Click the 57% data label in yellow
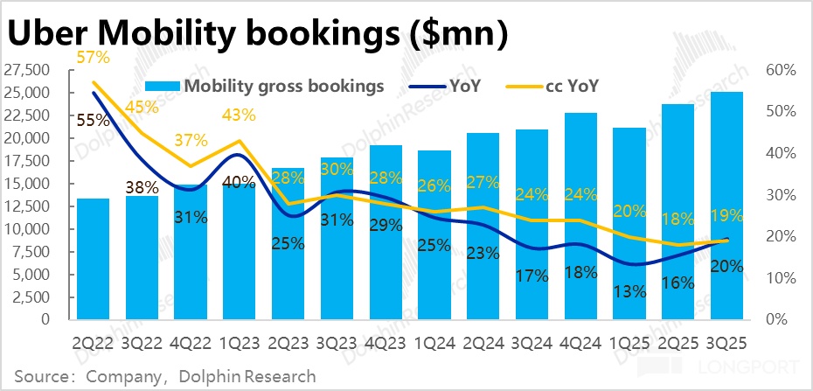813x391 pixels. tap(93, 59)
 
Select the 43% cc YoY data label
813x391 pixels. tap(239, 115)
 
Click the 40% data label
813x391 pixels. tap(239, 183)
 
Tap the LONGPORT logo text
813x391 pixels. tap(762, 365)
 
